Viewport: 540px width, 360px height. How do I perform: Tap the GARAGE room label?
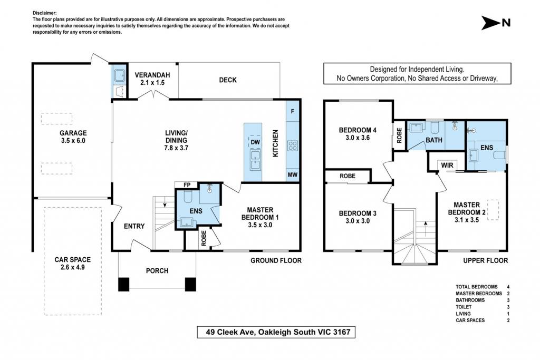tap(73, 133)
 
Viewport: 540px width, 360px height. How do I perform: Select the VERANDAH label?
tap(152, 75)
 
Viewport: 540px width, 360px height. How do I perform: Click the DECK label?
tap(228, 80)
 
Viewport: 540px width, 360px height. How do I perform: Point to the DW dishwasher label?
tap(255, 142)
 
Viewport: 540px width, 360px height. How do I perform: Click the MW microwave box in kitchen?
tap(292, 175)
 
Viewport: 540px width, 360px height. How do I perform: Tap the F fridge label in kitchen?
tap(293, 112)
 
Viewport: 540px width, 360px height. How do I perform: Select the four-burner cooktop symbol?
tap(293, 146)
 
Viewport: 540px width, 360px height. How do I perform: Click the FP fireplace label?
tap(187, 185)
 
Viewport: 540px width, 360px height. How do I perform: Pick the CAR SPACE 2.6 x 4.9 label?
tap(73, 264)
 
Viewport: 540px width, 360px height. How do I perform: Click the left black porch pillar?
tap(123, 284)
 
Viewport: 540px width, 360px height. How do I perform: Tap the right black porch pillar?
tap(190, 284)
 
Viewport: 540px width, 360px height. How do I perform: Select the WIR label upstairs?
tap(447, 165)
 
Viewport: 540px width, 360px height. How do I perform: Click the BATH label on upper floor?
tap(434, 140)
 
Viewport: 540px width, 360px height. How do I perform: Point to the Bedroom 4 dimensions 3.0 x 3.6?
tap(358, 138)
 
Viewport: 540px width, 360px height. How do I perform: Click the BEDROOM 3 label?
tap(358, 213)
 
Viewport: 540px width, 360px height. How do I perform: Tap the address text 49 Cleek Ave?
tap(230, 332)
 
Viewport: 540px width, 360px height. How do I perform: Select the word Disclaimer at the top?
tap(45, 13)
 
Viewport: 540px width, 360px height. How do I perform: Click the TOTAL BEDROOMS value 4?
tap(508, 287)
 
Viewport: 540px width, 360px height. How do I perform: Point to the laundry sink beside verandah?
tap(120, 76)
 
